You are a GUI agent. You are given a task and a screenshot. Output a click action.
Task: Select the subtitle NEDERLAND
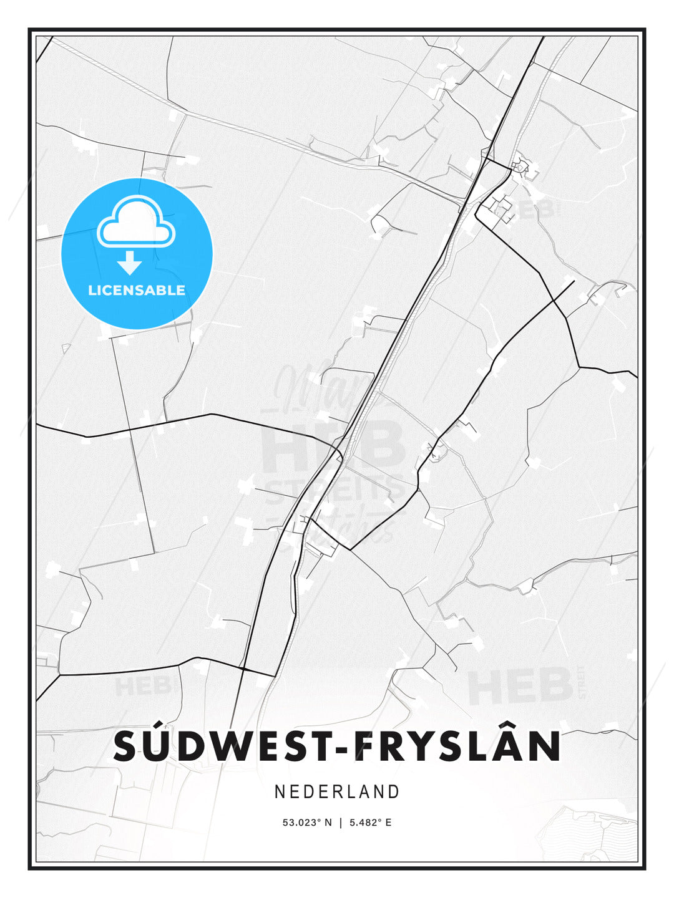pyautogui.click(x=337, y=792)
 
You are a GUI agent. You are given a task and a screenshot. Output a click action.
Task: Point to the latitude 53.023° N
pyautogui.click(x=307, y=823)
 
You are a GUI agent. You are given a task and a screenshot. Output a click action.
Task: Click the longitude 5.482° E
pyautogui.click(x=370, y=823)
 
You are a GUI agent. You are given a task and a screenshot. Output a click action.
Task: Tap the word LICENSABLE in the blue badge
pyautogui.click(x=137, y=290)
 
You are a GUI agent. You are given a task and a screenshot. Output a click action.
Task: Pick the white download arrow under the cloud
pyautogui.click(x=130, y=263)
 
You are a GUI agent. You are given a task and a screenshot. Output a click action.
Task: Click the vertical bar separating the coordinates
pyautogui.click(x=340, y=823)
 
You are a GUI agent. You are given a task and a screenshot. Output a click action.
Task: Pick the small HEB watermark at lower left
pyautogui.click(x=142, y=686)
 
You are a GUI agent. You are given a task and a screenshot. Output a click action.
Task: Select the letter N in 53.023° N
pyautogui.click(x=328, y=823)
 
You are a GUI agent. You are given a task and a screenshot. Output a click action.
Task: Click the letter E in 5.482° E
pyautogui.click(x=388, y=823)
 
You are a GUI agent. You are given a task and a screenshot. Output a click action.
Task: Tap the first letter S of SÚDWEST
pyautogui.click(x=125, y=746)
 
